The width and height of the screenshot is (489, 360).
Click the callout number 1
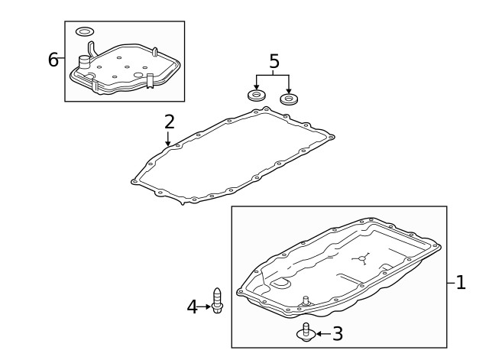click(461, 283)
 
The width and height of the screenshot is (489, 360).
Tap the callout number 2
click(170, 122)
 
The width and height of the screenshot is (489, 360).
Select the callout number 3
click(338, 333)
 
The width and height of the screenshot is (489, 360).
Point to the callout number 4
click(192, 306)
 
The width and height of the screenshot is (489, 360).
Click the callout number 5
click(274, 61)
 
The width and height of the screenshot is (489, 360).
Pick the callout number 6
click(53, 60)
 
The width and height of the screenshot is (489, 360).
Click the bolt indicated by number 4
click(217, 300)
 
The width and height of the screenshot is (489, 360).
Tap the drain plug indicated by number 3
click(306, 332)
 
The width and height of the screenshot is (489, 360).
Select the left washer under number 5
click(257, 95)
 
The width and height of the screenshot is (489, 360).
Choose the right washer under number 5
click(289, 99)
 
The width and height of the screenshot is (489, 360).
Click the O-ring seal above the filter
click(85, 31)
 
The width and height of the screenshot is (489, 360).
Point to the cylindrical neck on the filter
click(83, 62)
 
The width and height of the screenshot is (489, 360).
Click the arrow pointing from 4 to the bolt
click(204, 306)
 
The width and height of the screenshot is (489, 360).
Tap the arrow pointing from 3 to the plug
click(324, 334)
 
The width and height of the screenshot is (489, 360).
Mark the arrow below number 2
click(168, 139)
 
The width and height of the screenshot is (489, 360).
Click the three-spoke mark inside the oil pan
click(361, 258)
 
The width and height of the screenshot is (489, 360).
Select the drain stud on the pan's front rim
click(306, 300)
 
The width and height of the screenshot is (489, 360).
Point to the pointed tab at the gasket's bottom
click(183, 203)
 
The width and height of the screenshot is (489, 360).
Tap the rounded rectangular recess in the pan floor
click(280, 284)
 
